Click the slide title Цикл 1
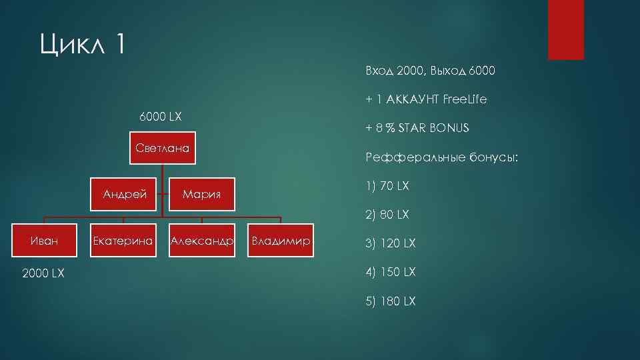click(82, 46)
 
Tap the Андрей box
click(125, 195)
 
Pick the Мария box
click(201, 195)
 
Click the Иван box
click(44, 241)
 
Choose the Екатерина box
click(123, 241)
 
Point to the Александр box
click(202, 241)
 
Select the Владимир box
click(281, 241)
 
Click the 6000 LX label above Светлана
click(160, 117)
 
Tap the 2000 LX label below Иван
click(44, 273)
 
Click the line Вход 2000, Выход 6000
click(430, 71)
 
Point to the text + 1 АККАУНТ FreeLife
click(426, 99)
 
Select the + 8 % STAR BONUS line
click(417, 128)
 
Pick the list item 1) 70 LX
click(387, 187)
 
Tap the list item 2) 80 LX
click(387, 215)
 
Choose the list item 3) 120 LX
click(390, 243)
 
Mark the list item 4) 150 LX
click(390, 272)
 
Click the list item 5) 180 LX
click(390, 301)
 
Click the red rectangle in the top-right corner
click(565, 29)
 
